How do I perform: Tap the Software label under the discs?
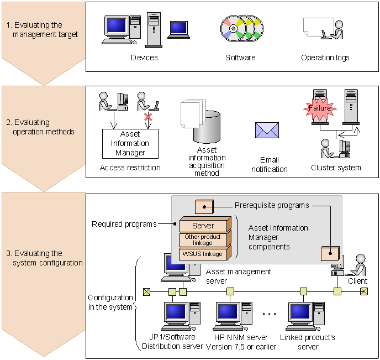[x=240, y=58]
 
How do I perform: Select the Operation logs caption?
[x=325, y=58]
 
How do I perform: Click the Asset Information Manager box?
[x=130, y=143]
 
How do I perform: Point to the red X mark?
[x=147, y=117]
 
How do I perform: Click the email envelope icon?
[x=267, y=130]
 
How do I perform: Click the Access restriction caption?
[x=130, y=168]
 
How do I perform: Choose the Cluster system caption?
[x=336, y=168]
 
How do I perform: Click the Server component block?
[x=203, y=226]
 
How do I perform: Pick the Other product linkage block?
[x=203, y=240]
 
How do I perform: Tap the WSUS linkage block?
[x=203, y=254]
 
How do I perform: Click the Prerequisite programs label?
[x=272, y=205]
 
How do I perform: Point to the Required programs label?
[x=124, y=224]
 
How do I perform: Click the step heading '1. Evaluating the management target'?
[x=42, y=30]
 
